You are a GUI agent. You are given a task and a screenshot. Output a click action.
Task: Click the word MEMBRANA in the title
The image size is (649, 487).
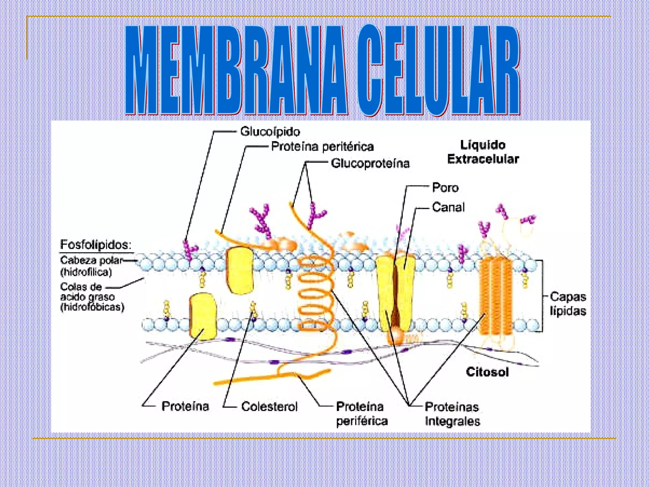tap(236, 71)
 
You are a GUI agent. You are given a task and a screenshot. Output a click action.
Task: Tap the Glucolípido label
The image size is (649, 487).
tap(270, 131)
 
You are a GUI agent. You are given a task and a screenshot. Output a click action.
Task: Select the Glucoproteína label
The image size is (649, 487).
tap(370, 163)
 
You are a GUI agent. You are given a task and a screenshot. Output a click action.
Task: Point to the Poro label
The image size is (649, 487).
tap(445, 188)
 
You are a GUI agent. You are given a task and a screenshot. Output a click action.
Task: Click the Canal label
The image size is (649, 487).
tap(448, 207)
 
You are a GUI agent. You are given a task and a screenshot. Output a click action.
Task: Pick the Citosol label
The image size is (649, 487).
tap(487, 372)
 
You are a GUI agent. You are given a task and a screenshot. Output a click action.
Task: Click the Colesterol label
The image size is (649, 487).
tap(269, 406)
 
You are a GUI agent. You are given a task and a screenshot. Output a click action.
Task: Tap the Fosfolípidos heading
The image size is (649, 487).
tap(96, 245)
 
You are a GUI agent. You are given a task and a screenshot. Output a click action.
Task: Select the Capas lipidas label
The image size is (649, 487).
tap(568, 304)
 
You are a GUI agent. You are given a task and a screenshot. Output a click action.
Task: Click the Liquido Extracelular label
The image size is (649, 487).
tap(483, 152)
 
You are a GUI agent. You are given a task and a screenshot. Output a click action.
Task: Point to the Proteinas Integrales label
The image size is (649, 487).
tap(452, 414)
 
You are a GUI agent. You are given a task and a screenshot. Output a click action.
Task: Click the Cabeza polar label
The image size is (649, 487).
tap(91, 260)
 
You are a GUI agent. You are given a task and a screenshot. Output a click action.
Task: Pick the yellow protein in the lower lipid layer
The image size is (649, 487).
tap(203, 316)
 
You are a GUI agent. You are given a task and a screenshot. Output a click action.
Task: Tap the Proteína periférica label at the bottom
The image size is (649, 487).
tap(361, 413)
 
